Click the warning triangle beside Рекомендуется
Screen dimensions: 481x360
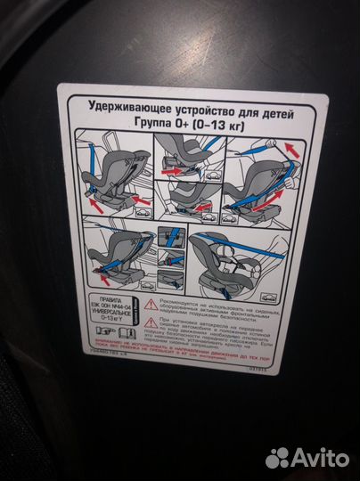[x=151, y=305]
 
